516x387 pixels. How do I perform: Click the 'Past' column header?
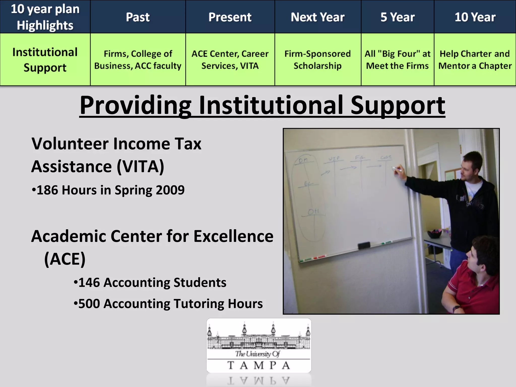pos(138,17)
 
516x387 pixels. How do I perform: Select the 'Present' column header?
pos(230,17)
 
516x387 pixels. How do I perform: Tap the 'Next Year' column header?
pos(317,17)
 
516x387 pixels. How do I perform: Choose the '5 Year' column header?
pos(397,17)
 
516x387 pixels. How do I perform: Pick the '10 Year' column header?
pos(475,17)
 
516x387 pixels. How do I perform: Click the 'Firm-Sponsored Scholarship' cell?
pos(317,60)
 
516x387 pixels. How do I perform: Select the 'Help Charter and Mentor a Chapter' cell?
pos(475,60)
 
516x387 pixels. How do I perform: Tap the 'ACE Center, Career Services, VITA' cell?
pos(230,60)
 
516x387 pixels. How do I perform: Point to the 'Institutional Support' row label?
pos(45,60)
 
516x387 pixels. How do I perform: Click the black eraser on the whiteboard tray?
pos(364,245)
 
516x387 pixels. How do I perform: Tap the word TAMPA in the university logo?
pos(259,365)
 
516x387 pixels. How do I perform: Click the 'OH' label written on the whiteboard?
pos(313,212)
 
